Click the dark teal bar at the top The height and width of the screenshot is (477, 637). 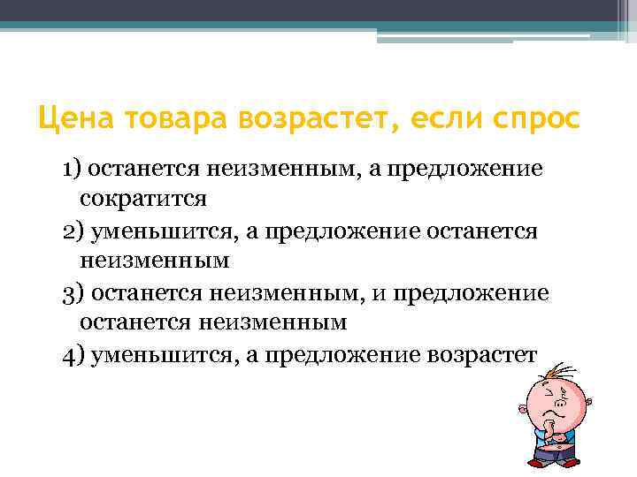(318, 11)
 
